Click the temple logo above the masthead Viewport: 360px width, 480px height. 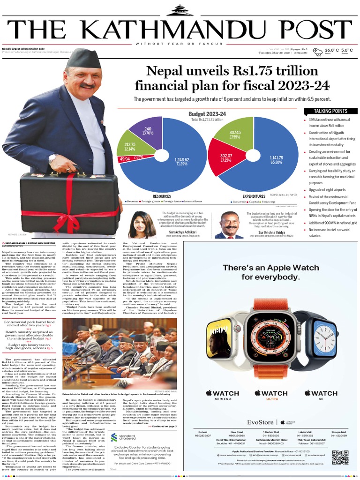(180, 10)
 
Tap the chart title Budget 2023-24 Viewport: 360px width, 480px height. (207, 114)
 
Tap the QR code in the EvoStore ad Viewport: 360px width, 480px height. (340, 458)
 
